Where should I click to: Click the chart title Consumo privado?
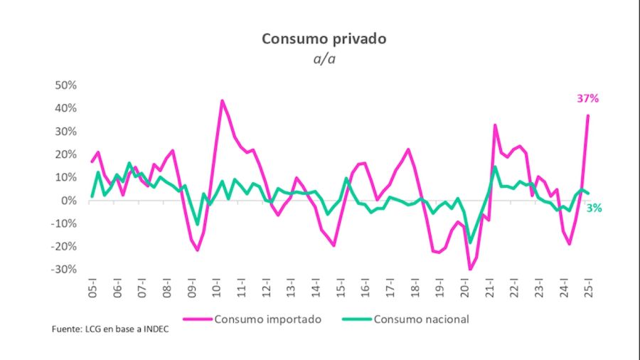[x=324, y=38]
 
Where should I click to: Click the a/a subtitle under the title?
[x=324, y=59]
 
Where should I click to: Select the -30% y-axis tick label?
[x=63, y=270]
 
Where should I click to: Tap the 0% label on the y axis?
[x=68, y=201]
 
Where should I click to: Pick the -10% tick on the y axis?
[x=63, y=223]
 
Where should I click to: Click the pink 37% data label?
[x=587, y=99]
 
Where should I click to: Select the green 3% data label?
[x=594, y=208]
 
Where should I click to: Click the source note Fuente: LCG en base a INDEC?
[x=110, y=331]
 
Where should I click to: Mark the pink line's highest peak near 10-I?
[x=222, y=101]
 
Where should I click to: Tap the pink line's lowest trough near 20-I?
[x=470, y=269]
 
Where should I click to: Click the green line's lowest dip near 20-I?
[x=470, y=243]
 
